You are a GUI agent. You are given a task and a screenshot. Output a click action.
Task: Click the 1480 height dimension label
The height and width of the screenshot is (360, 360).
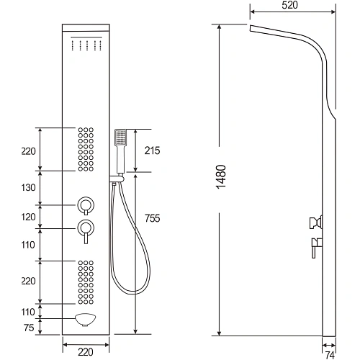[x=221, y=177]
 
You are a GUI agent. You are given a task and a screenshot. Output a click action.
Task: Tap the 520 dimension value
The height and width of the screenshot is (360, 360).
[x=289, y=5]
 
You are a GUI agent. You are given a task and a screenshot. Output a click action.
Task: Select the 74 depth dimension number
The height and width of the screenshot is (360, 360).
[x=330, y=355]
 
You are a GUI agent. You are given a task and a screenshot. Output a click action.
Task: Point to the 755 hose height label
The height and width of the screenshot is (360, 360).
[x=152, y=218]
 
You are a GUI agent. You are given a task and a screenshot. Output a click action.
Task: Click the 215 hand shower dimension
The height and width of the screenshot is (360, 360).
[x=152, y=150]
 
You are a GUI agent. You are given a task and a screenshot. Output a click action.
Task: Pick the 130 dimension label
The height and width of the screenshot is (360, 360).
[x=28, y=187]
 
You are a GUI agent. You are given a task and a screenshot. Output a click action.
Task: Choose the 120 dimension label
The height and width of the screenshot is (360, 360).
[x=28, y=217]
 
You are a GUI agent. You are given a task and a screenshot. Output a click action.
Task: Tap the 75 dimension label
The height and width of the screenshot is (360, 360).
[x=29, y=328]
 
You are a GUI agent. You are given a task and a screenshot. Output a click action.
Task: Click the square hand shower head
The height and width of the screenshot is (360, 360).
[x=120, y=138]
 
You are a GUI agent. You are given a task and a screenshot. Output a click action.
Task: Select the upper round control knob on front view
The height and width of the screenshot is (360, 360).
[x=86, y=206]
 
